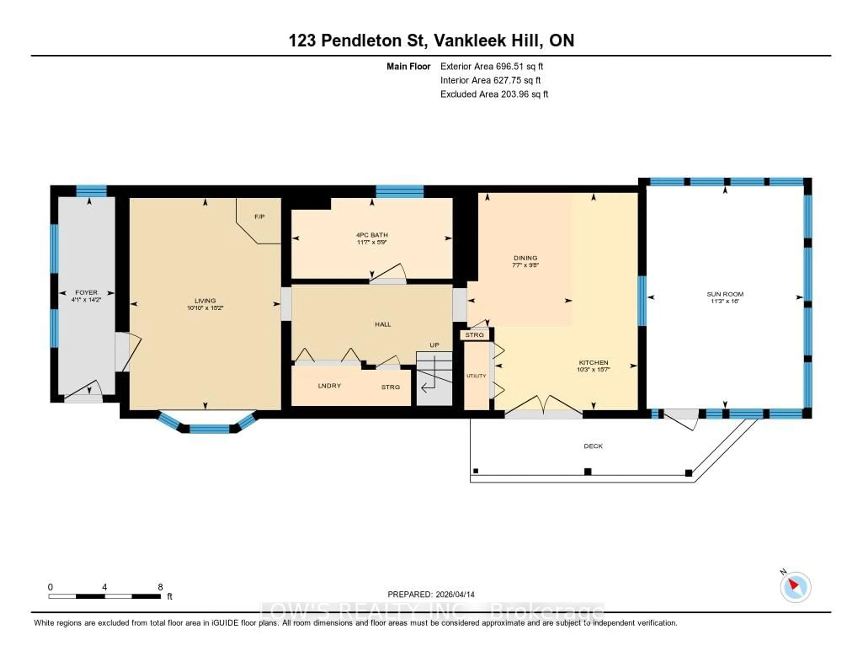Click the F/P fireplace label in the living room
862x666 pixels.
click(x=259, y=217)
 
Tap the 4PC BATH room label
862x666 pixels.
click(x=372, y=235)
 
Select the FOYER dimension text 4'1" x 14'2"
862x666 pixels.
click(x=86, y=300)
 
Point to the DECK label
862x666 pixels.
click(x=593, y=446)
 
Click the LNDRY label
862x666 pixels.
click(x=329, y=386)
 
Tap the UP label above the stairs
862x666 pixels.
click(x=434, y=345)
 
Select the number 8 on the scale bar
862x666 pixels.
click(x=160, y=587)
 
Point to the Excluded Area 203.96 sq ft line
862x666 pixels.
click(x=494, y=94)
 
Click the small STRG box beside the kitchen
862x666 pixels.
click(x=474, y=335)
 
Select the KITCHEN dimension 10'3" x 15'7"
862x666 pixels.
click(x=593, y=370)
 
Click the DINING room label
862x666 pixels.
click(x=525, y=258)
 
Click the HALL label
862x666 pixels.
click(x=383, y=324)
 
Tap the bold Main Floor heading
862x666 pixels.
click(x=408, y=66)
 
